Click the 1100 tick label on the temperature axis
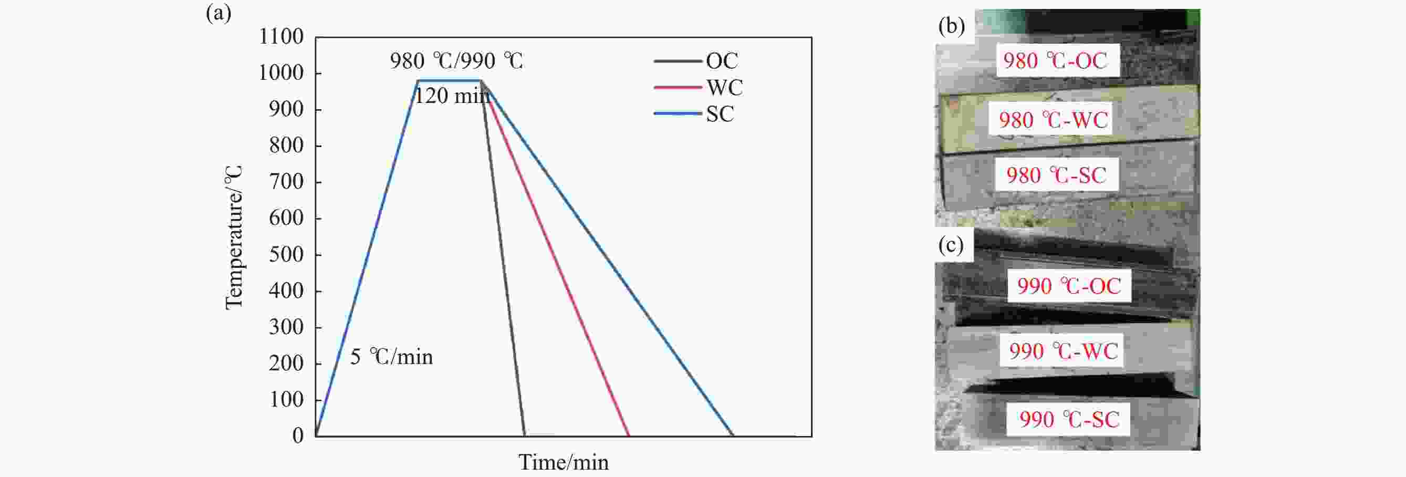[281, 37]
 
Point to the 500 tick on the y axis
[286, 254]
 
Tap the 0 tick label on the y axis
[298, 435]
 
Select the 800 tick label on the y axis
[286, 145]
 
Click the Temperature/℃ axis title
[234, 237]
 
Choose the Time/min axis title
[563, 462]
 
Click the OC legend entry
[696, 60]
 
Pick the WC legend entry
[698, 87]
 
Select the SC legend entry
[694, 113]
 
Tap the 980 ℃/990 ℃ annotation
[456, 60]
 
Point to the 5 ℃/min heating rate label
[391, 357]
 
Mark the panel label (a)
[219, 13]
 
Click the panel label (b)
[951, 26]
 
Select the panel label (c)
[951, 245]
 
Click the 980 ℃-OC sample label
[1055, 60]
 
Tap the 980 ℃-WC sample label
[1054, 120]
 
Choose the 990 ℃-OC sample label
[1069, 286]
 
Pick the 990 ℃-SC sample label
[1069, 419]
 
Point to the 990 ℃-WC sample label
[1063, 351]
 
